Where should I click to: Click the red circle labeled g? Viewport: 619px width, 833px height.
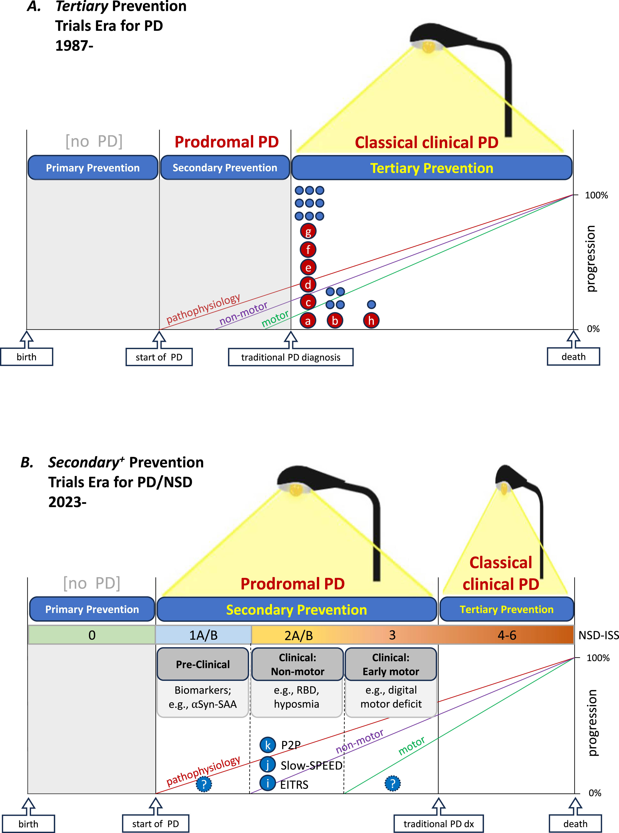[x=308, y=231]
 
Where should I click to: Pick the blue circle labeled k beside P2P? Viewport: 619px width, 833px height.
[x=268, y=745]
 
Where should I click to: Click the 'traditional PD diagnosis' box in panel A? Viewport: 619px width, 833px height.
[x=291, y=357]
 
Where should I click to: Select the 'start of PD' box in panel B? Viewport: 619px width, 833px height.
[x=156, y=824]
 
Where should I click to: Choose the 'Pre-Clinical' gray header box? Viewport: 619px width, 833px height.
[x=203, y=664]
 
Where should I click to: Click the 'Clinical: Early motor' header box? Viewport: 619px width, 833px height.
[x=391, y=664]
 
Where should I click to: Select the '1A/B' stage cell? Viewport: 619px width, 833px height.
[x=203, y=635]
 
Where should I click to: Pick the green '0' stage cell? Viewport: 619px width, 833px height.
[x=92, y=635]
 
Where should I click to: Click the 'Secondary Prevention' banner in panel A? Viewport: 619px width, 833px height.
[x=225, y=168]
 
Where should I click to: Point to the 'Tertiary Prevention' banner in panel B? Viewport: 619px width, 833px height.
[x=507, y=609]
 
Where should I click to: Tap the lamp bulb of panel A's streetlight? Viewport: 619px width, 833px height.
[x=428, y=46]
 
